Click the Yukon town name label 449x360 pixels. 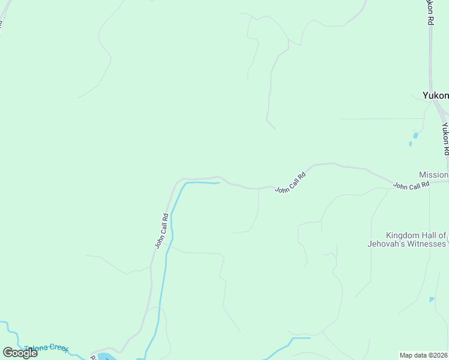(435, 95)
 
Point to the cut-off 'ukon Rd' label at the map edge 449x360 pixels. (430, 12)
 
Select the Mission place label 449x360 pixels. (433, 175)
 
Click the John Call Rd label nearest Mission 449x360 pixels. (411, 185)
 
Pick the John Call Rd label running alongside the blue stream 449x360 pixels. (160, 231)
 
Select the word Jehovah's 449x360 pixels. (387, 244)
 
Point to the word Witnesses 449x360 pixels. (427, 244)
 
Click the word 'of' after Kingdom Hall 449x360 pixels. (442, 235)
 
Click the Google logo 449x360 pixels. (20, 353)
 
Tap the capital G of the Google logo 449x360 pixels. (8, 353)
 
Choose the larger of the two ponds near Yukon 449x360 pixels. (415, 136)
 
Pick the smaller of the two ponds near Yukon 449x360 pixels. (411, 144)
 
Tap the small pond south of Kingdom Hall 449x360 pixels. (432, 299)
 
